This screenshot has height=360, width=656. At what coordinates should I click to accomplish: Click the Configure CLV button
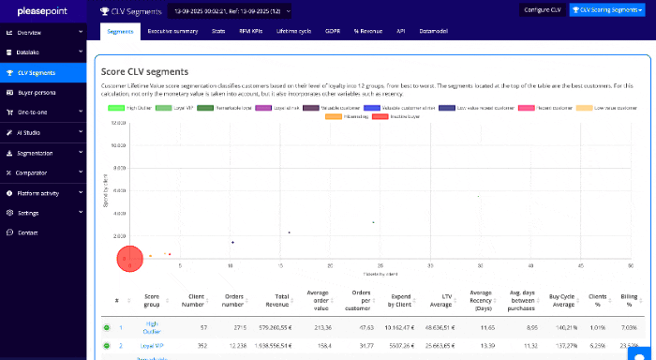pos(542,10)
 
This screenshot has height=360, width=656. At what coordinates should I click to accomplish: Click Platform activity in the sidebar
pos(43,193)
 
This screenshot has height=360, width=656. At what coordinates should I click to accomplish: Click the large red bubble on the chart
pos(129,259)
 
